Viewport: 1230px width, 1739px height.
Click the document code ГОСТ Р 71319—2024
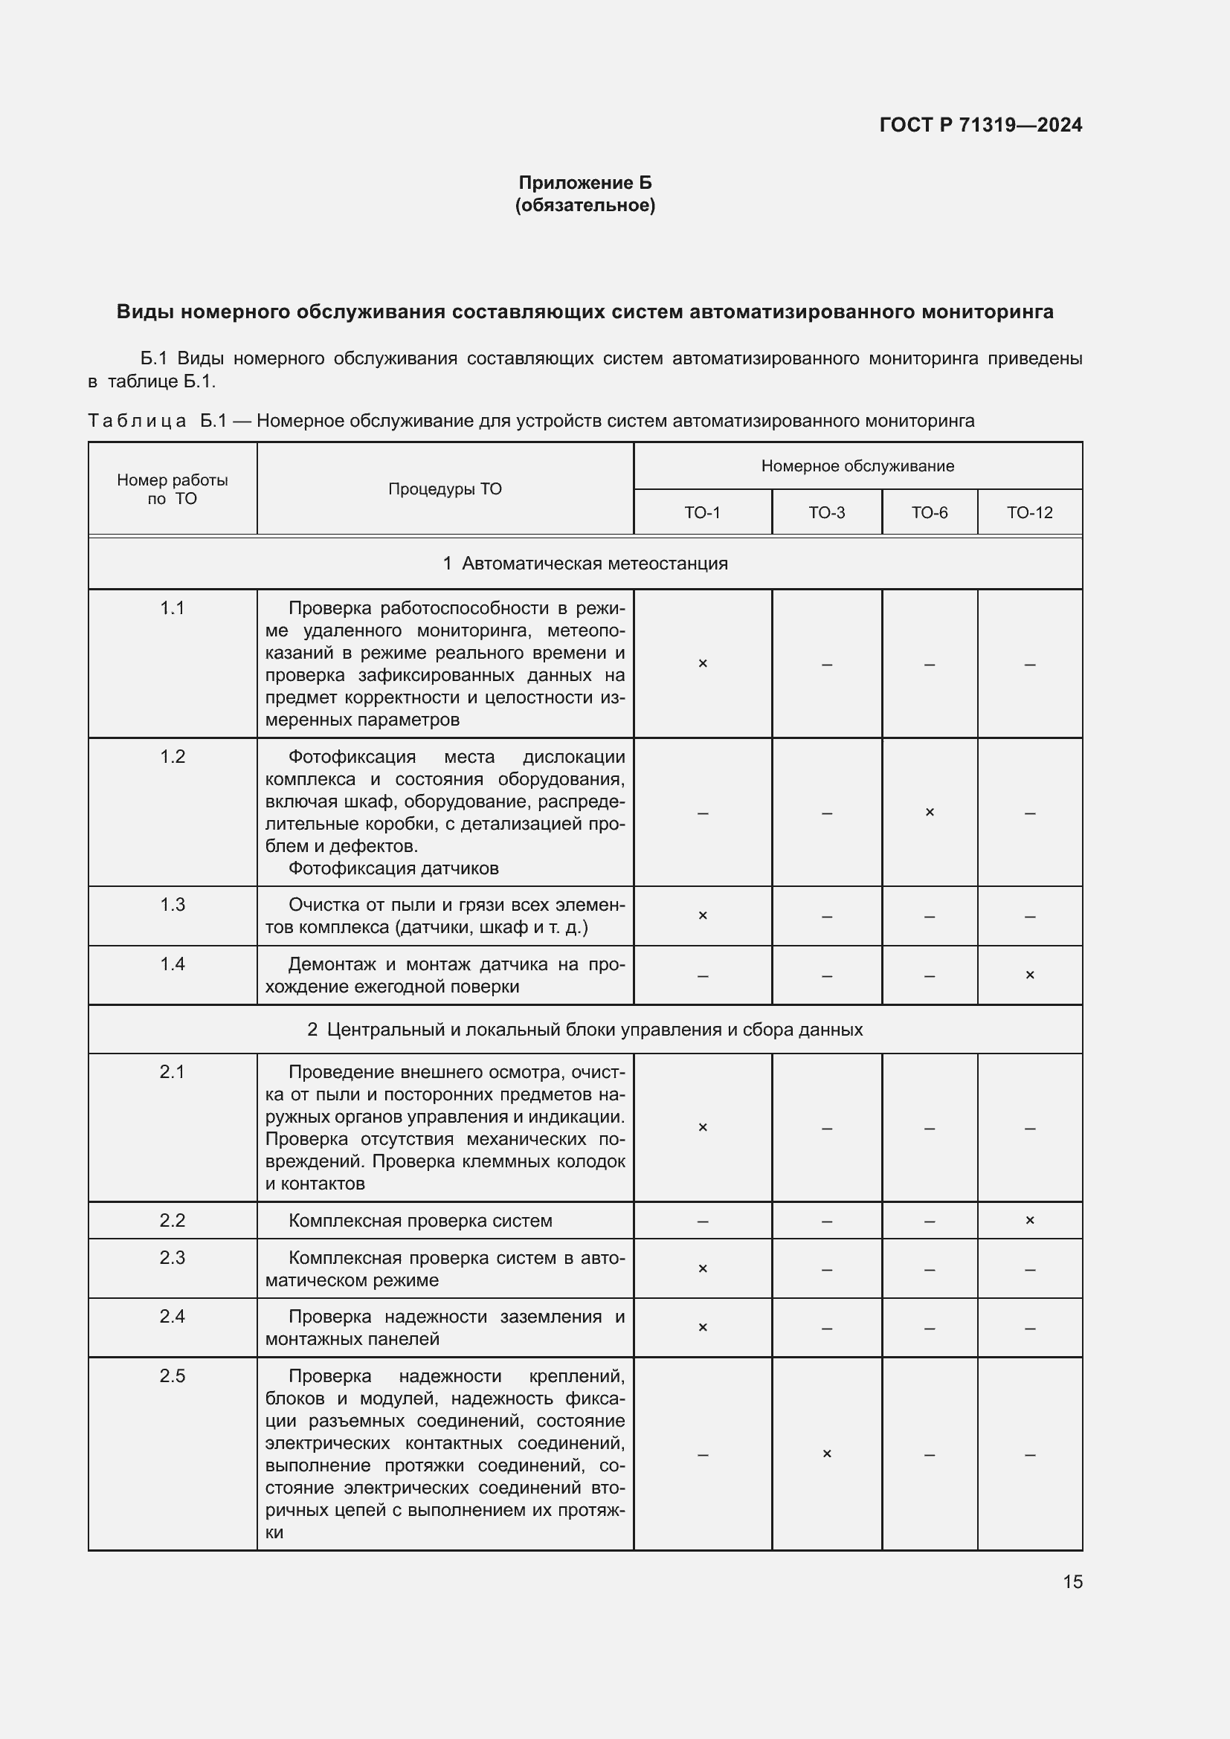[x=980, y=125]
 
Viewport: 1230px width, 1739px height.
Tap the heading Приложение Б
[x=585, y=183]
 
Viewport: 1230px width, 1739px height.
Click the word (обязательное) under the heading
[x=585, y=205]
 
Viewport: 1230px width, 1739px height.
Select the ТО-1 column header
[x=702, y=513]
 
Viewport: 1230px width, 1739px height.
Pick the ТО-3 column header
[x=826, y=513]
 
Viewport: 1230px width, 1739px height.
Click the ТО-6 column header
[x=930, y=513]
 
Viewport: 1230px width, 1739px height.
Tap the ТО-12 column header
[x=1029, y=513]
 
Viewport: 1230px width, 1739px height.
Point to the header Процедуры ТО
[x=445, y=489]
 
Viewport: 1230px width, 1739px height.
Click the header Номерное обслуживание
[x=857, y=467]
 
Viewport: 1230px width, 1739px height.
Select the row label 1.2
[x=172, y=757]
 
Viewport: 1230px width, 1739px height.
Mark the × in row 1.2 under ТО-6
[x=930, y=812]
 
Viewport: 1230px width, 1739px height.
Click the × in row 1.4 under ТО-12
[x=1029, y=975]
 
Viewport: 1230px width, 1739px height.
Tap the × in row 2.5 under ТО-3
[x=826, y=1454]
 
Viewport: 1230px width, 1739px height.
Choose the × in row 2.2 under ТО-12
[x=1029, y=1220]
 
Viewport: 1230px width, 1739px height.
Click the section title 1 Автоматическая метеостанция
[x=585, y=564]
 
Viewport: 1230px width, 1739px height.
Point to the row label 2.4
[x=172, y=1317]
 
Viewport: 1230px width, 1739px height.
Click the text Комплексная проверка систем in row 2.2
[x=420, y=1221]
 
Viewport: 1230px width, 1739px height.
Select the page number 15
[x=1072, y=1581]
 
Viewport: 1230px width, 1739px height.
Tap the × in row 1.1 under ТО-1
[x=702, y=663]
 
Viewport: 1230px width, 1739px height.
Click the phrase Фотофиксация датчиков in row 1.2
[x=393, y=868]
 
